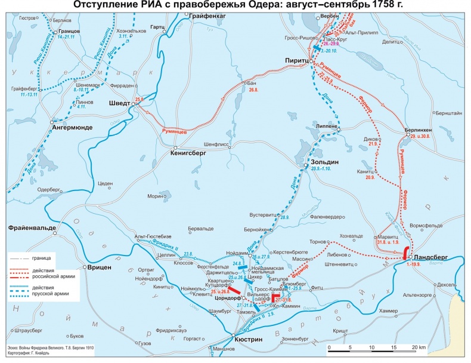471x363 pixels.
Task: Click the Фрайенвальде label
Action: pyautogui.click(x=32, y=227)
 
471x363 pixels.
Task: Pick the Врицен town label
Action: pyautogui.click(x=100, y=267)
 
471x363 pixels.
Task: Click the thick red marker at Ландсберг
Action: pyautogui.click(x=406, y=252)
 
